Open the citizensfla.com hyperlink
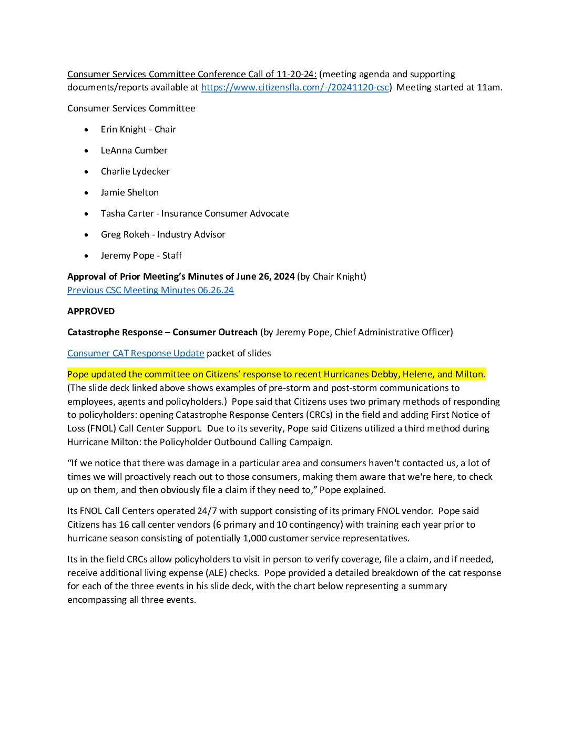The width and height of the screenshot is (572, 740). [x=294, y=88]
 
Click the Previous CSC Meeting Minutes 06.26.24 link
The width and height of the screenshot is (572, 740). [x=150, y=290]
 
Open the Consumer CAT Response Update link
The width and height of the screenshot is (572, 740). [x=136, y=353]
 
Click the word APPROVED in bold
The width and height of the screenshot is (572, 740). [x=91, y=311]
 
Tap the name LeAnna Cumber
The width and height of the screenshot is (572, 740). [x=134, y=150]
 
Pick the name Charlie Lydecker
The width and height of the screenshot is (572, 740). [x=135, y=171]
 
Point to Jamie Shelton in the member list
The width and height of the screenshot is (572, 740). [x=130, y=192]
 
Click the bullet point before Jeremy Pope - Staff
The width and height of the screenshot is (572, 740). [x=87, y=256]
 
